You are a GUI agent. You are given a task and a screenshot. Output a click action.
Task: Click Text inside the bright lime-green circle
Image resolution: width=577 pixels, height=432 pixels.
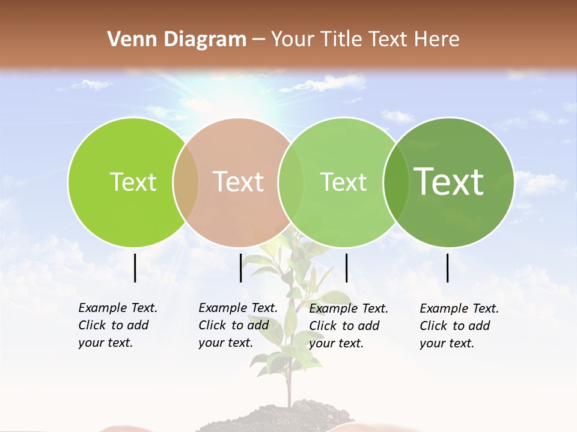tap(133, 182)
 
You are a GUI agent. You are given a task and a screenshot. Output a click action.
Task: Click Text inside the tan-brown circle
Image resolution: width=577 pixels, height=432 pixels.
tap(238, 182)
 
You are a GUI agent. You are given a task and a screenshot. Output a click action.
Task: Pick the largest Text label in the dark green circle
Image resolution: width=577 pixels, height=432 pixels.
tap(448, 182)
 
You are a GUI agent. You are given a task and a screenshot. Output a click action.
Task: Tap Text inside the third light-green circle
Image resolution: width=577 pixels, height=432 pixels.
tap(343, 182)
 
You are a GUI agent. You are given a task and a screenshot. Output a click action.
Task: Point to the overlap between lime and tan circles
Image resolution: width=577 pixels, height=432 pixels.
tap(186, 182)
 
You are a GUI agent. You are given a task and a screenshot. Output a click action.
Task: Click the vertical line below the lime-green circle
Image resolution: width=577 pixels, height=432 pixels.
tap(135, 268)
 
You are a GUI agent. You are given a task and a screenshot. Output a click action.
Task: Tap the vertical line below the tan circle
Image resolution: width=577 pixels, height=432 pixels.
tap(240, 268)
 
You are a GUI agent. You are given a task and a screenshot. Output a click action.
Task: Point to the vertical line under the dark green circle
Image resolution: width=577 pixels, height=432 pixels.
tap(448, 268)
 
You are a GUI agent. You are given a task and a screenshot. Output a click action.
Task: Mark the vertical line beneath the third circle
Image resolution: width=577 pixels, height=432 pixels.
tap(346, 268)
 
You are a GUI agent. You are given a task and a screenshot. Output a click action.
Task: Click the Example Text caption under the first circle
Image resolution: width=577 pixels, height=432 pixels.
tap(118, 308)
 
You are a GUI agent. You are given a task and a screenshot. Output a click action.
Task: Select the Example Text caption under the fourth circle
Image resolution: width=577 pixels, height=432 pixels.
tap(459, 309)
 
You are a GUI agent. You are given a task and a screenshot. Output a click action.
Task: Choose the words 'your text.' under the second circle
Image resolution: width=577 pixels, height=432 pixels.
tap(225, 343)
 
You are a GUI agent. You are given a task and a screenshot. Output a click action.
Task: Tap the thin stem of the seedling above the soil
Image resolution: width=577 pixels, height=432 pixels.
tap(289, 384)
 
